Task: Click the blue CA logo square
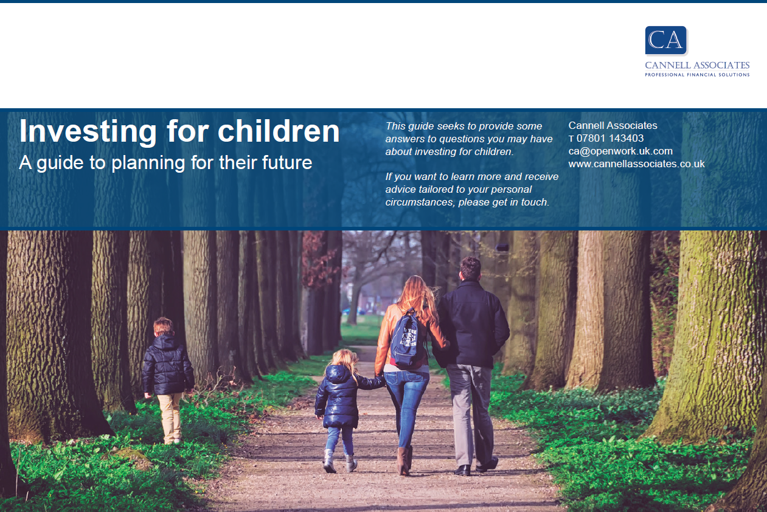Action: coord(666,40)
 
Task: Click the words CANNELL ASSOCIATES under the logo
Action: coord(697,66)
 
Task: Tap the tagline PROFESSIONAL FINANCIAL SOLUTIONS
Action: coord(697,75)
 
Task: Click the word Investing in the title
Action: coord(88,132)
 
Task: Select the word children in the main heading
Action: coord(279,131)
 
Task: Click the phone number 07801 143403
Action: coord(610,138)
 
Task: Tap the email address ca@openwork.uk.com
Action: coord(620,151)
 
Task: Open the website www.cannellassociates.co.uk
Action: coord(637,164)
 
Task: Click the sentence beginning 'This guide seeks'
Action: coord(469,139)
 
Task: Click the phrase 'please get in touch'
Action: coord(504,202)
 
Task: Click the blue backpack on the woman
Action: coord(406,339)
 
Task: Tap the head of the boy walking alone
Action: coord(163,327)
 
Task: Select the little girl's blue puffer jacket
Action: coord(342,396)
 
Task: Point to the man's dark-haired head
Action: coord(470,268)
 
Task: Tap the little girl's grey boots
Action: coord(340,461)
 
